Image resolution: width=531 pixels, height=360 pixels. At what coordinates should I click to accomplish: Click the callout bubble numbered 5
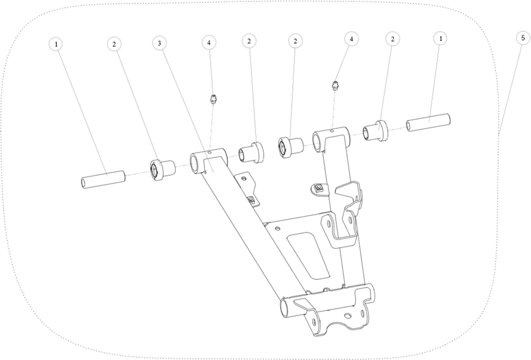click(523, 38)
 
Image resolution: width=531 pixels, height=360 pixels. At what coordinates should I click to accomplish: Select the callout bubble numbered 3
click(160, 43)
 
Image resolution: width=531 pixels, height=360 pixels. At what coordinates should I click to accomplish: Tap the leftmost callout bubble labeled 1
click(56, 44)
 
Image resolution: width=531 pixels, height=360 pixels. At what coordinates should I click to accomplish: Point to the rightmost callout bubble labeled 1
click(441, 39)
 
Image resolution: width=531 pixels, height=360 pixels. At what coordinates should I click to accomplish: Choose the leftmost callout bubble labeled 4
click(209, 42)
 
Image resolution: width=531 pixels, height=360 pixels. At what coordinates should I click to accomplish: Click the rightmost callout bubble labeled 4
click(352, 39)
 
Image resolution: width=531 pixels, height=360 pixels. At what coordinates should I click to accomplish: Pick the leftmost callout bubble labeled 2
click(115, 44)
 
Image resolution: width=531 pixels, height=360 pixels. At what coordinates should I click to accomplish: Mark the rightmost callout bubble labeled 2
click(393, 39)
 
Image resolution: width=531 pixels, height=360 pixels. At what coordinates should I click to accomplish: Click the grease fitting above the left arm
click(214, 99)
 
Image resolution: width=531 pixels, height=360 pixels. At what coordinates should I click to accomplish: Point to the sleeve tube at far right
click(428, 122)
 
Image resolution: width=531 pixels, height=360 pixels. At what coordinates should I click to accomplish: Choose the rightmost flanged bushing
click(375, 130)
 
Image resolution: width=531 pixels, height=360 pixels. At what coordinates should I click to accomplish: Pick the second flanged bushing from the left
click(252, 152)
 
